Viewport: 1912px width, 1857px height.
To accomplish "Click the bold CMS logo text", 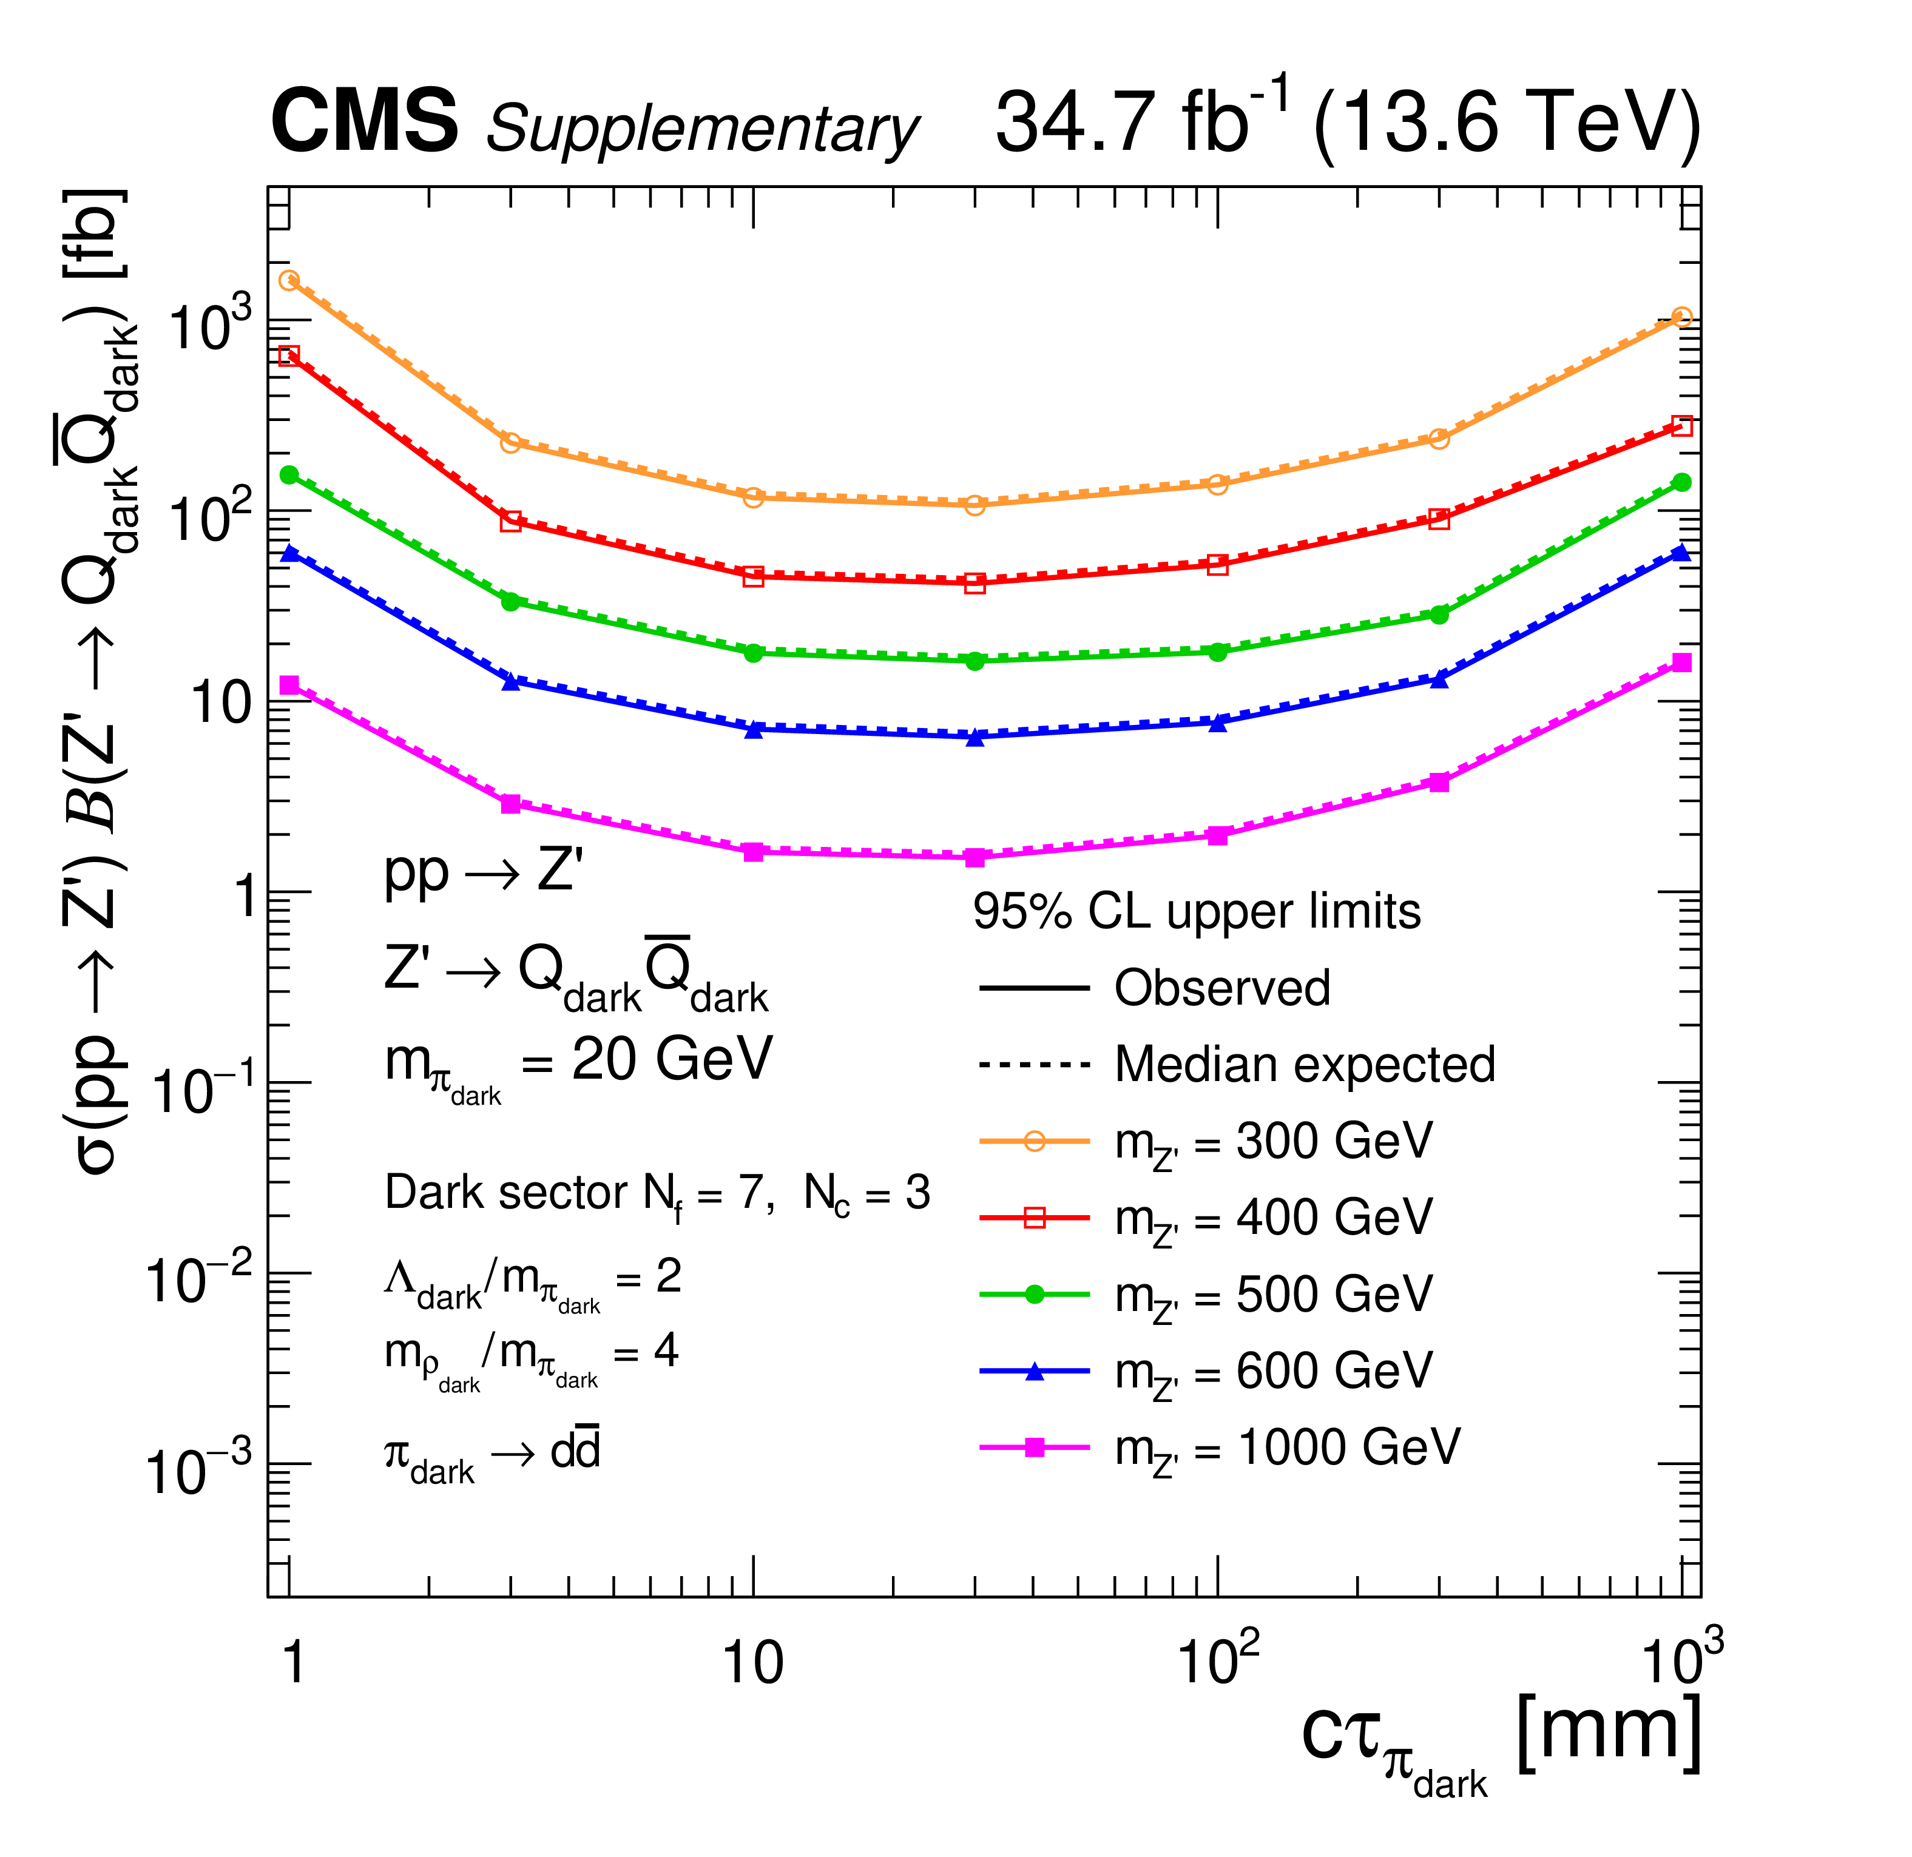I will [x=364, y=121].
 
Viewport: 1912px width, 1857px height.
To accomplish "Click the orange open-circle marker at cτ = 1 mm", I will [x=289, y=281].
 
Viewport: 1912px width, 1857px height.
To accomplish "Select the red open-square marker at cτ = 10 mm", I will [x=753, y=576].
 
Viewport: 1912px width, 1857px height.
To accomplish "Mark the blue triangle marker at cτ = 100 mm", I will [x=1217, y=723].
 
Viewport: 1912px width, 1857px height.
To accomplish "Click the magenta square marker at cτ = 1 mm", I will [x=289, y=686].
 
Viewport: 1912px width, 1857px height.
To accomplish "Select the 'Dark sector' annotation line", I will [x=657, y=1194].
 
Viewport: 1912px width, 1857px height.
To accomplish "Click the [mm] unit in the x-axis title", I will [x=1610, y=1734].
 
